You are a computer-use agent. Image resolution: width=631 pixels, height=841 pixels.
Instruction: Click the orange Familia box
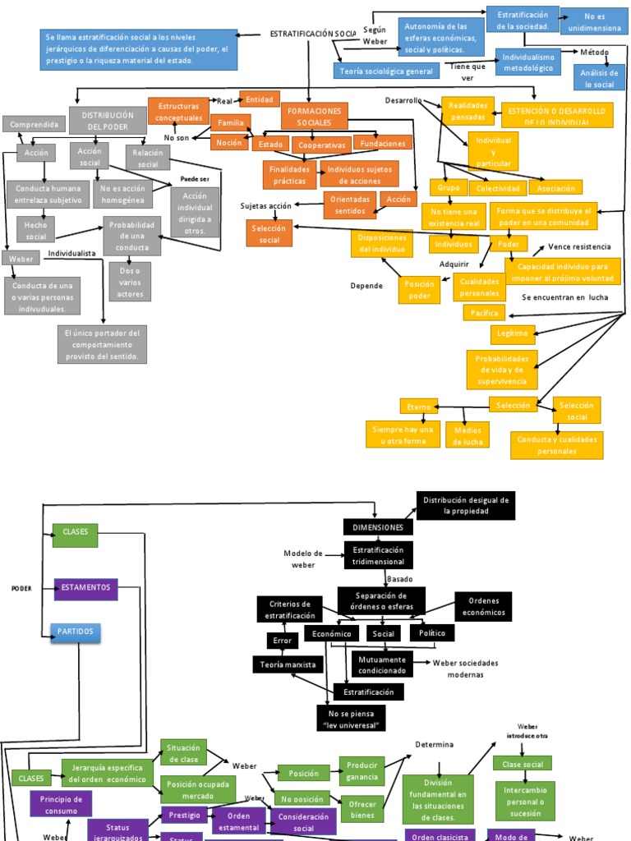pos(231,123)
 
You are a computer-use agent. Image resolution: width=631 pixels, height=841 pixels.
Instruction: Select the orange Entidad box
pos(260,99)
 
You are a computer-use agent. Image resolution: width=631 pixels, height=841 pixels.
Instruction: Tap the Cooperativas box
pos(320,145)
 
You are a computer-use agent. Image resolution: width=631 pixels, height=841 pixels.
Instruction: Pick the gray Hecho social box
pos(35,229)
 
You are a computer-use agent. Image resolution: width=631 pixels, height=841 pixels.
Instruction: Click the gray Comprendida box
pos(34,124)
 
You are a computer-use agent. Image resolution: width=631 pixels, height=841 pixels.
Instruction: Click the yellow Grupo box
pos(449,187)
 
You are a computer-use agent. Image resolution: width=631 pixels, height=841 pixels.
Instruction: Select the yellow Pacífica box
pos(486,313)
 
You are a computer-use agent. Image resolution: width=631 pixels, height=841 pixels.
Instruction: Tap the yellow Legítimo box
pos(513,333)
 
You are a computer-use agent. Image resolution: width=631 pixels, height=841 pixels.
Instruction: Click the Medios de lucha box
pos(467,435)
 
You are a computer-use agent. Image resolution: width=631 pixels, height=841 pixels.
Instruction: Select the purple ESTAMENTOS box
pos(85,588)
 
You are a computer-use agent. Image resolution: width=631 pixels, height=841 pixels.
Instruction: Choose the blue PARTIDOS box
pos(76,632)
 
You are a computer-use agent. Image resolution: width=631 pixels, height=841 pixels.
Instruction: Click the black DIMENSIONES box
pos(378,527)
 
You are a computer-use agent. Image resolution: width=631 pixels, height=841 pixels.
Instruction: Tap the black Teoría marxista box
pos(288,664)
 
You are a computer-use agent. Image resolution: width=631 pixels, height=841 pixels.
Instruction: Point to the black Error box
pos(282,641)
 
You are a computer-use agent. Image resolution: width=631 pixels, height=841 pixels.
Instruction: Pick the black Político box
pos(432,633)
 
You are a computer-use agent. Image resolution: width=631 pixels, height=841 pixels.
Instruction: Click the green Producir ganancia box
pos(362,771)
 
